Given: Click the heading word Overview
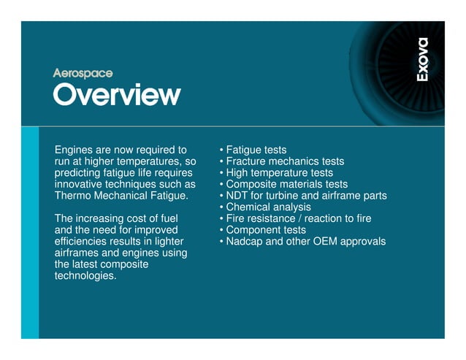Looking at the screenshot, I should coord(117,93).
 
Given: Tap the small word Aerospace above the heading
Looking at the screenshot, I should coord(83,73).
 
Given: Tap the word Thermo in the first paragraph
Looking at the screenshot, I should coord(72,196).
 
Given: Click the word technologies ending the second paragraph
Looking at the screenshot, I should coord(85,276).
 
